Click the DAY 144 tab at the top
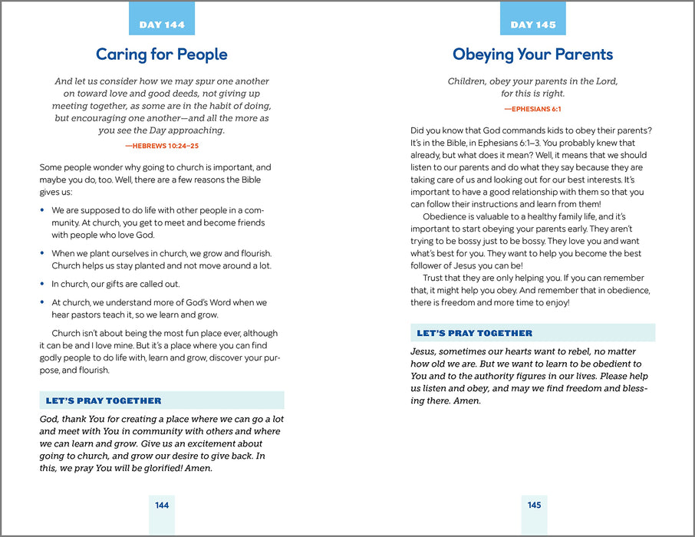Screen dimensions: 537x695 click(x=162, y=25)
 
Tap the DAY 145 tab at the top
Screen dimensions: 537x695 click(x=532, y=25)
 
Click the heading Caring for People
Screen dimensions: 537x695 click(x=161, y=54)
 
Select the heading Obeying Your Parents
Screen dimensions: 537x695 click(x=532, y=54)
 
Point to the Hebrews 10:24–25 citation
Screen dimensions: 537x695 click(x=161, y=145)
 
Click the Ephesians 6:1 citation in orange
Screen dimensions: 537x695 click(x=532, y=109)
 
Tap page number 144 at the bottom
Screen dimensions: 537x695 click(x=162, y=505)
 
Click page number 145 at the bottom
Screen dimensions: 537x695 click(x=534, y=505)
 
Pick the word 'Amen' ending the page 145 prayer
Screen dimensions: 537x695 click(x=467, y=400)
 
